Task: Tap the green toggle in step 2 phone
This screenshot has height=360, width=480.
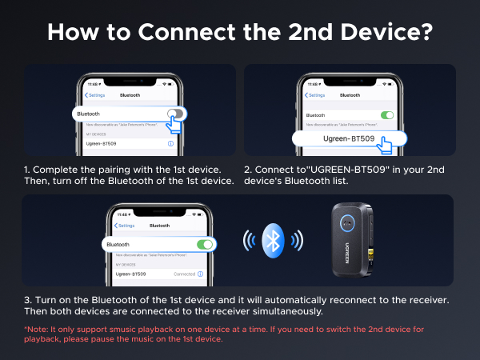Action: [387, 115]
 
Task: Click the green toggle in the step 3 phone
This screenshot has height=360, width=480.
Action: [206, 243]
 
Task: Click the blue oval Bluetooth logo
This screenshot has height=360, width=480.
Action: [274, 239]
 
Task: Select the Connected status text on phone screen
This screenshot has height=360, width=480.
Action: [185, 274]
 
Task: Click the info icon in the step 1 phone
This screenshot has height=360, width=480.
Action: [170, 143]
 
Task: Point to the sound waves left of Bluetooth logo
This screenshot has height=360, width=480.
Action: [250, 240]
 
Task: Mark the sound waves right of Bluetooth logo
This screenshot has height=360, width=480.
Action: [297, 240]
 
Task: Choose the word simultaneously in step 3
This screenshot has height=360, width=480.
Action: [289, 311]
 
